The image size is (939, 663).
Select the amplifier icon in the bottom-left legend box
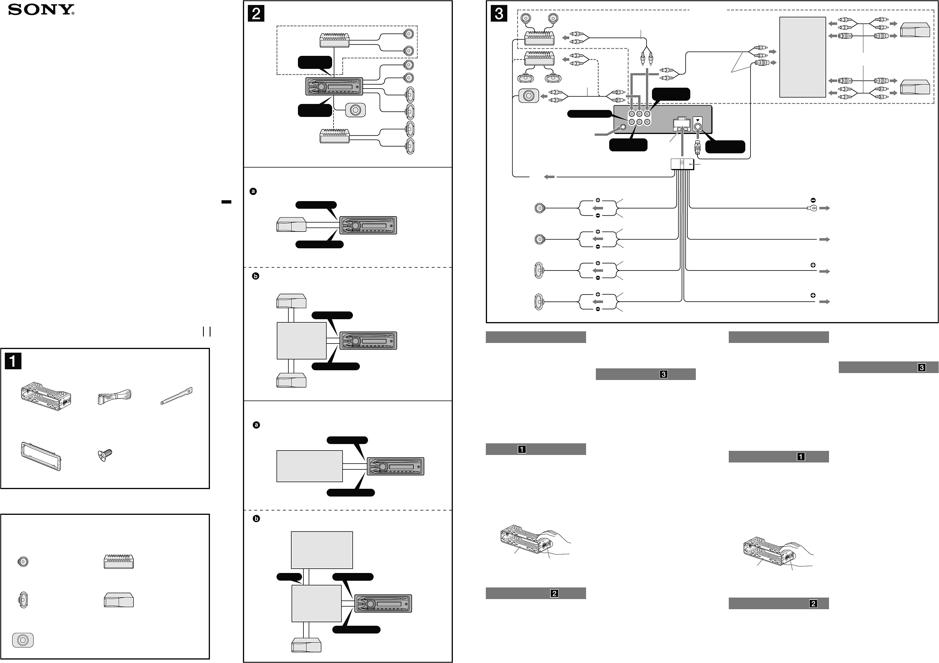[x=119, y=562]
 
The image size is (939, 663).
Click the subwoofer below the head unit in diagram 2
[x=355, y=110]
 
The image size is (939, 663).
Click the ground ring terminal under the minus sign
[x=812, y=208]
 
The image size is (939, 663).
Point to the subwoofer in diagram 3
[x=528, y=96]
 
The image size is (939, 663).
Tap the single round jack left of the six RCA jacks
[x=623, y=127]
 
